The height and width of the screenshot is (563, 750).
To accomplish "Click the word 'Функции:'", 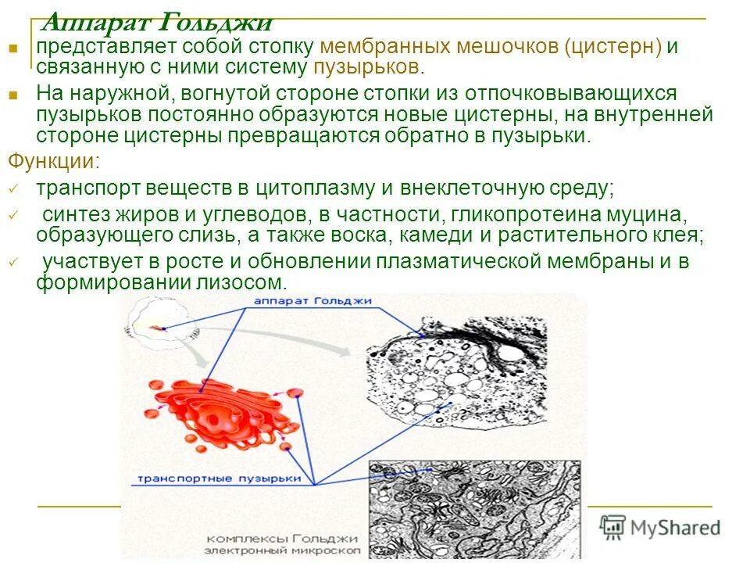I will tap(53, 162).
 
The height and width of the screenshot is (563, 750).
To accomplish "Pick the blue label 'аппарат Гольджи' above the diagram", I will tap(313, 300).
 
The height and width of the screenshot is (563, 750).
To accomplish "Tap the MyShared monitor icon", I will tap(613, 527).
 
